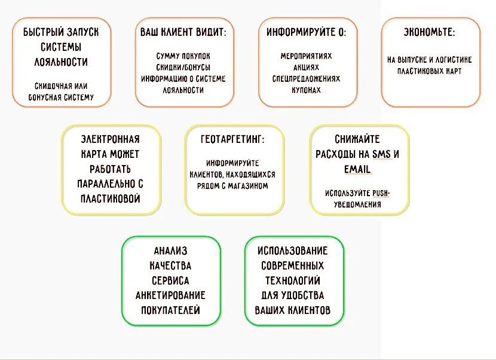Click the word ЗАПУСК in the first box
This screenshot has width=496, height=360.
pos(79,32)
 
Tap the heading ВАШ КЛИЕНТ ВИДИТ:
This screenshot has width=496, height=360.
pos(183,32)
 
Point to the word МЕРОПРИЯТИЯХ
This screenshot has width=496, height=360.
pos(306,56)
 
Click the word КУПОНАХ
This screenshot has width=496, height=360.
pos(306,90)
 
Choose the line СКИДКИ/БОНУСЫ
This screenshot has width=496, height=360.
pos(183,68)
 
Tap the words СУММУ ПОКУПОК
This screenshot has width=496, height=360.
pos(183,56)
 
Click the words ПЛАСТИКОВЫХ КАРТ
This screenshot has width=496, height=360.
pos(429,71)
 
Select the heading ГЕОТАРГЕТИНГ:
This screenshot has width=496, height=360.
pos(233,139)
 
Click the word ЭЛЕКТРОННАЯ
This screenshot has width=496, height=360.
pos(111,139)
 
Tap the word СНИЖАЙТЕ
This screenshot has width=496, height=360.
pos(357,139)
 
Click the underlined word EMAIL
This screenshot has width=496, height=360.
pos(357,169)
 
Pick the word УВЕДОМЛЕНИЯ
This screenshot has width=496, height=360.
pos(357,205)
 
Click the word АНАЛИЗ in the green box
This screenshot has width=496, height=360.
pos(170,251)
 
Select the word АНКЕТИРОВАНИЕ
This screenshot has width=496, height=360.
pos(170,295)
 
